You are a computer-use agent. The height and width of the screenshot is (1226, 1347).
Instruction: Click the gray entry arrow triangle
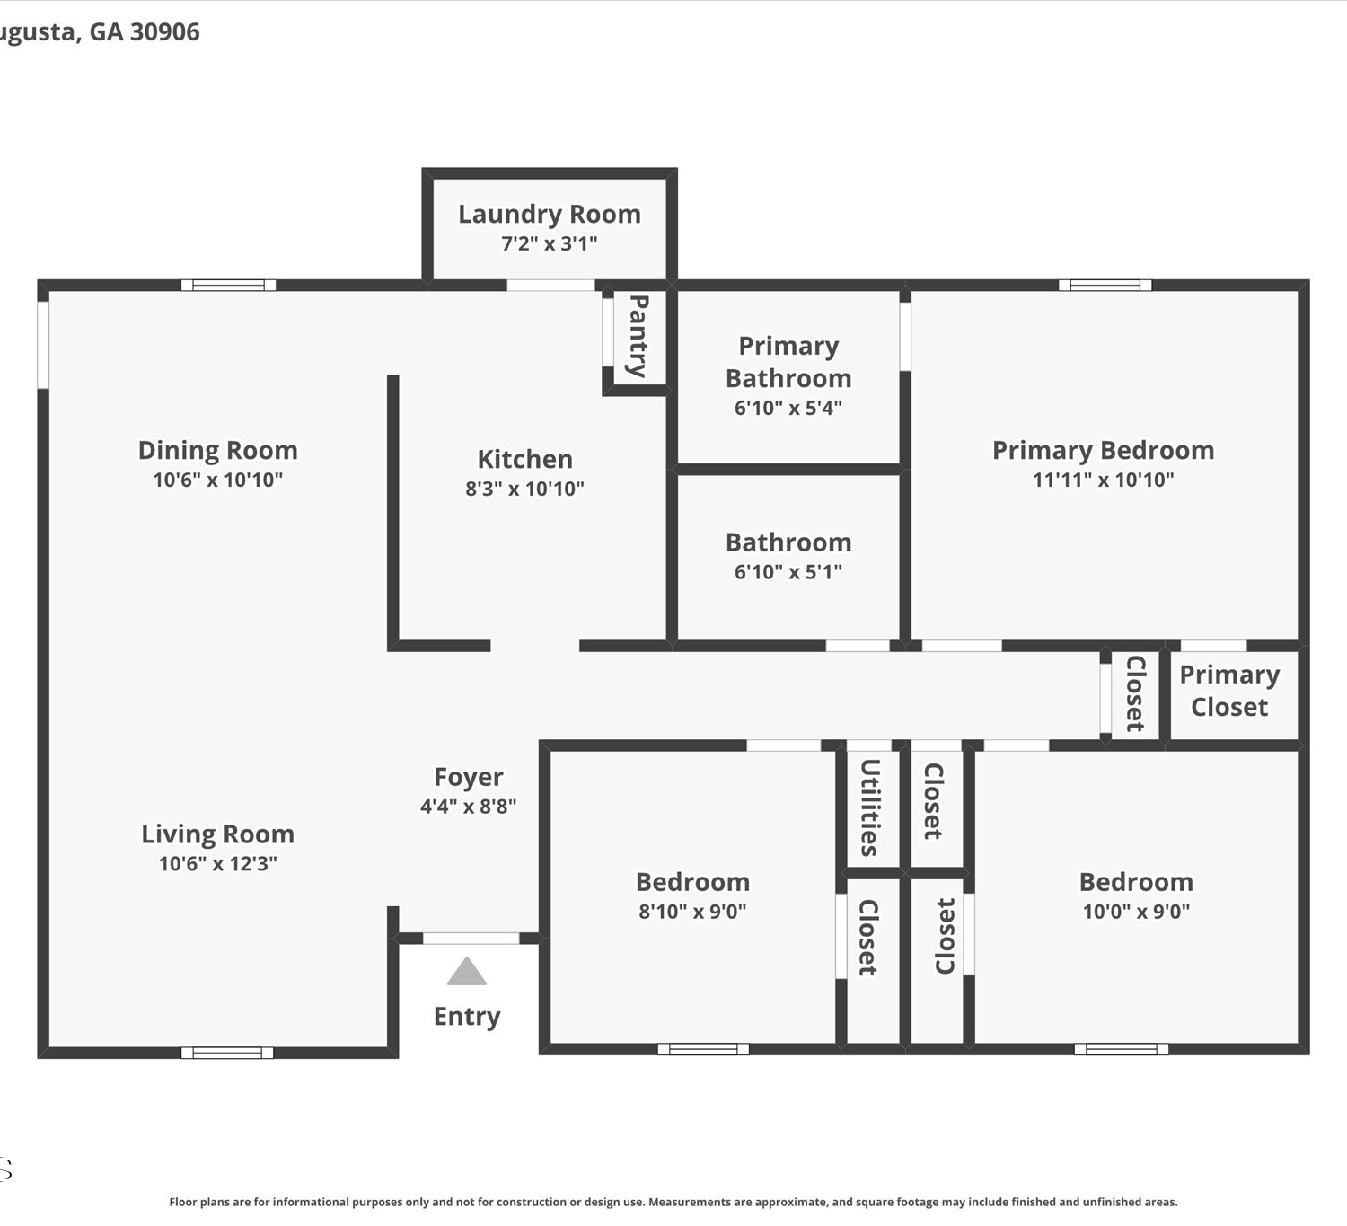coord(467,972)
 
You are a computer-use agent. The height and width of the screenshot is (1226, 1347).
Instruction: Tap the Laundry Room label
coord(550,215)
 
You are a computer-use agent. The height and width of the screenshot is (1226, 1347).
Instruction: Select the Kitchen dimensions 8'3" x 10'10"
coord(525,489)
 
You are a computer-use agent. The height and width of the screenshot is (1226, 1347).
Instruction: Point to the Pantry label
coord(638,336)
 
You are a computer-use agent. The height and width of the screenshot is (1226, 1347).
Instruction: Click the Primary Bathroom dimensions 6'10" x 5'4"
coord(788,408)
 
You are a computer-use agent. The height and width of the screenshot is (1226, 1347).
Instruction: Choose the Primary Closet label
coord(1229,691)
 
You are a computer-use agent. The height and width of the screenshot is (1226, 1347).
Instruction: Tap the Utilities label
coord(869,807)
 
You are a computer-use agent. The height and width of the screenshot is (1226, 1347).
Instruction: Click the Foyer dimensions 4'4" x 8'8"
coord(469,806)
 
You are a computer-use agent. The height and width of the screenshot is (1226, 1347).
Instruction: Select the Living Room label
coord(217,834)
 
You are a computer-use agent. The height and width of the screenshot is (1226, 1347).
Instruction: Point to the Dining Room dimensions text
coord(218,480)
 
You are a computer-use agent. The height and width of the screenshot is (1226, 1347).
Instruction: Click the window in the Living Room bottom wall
coord(227,1053)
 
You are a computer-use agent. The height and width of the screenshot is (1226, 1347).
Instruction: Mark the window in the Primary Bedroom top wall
coord(1105,285)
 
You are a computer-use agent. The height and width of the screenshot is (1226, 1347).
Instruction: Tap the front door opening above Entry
coord(471,939)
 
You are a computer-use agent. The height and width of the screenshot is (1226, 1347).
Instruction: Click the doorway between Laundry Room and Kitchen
coord(550,285)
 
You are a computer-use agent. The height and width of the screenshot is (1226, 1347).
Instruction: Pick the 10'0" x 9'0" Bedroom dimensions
coord(1136,912)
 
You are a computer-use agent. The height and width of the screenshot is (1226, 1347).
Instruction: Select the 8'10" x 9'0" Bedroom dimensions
coord(693,912)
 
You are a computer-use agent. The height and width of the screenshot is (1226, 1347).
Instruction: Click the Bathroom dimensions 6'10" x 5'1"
coord(788,572)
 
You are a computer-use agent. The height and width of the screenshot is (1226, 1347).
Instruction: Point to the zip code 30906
coord(164,32)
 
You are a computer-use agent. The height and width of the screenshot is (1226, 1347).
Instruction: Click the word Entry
coord(467,1016)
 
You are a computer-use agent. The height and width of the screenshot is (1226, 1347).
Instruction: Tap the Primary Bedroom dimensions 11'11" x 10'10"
coord(1104,480)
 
